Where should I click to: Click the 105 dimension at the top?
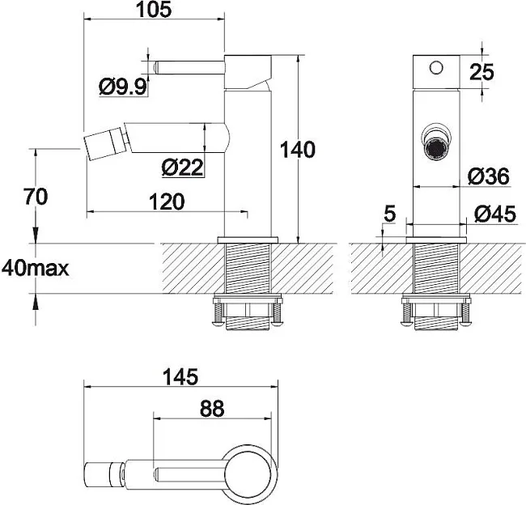[x=154, y=10]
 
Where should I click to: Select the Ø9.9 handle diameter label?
[x=123, y=87]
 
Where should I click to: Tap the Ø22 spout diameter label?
[x=183, y=168]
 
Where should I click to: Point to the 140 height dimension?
[x=298, y=150]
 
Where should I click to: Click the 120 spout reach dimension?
[x=167, y=202]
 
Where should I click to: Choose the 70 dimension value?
[x=36, y=197]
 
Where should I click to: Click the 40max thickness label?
[x=36, y=269]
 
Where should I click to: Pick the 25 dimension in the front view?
[x=481, y=72]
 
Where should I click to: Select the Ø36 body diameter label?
[x=489, y=176]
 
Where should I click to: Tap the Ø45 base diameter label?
[x=495, y=214]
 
